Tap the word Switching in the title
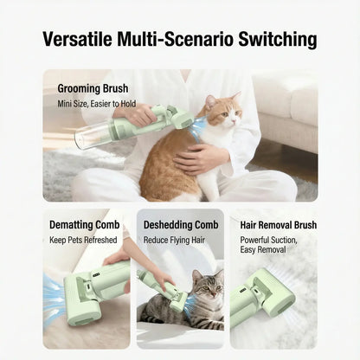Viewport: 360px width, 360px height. pos(274,40)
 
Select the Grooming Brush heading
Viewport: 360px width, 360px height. pos(94,88)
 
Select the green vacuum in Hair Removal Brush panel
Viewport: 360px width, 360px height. pos(263,294)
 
